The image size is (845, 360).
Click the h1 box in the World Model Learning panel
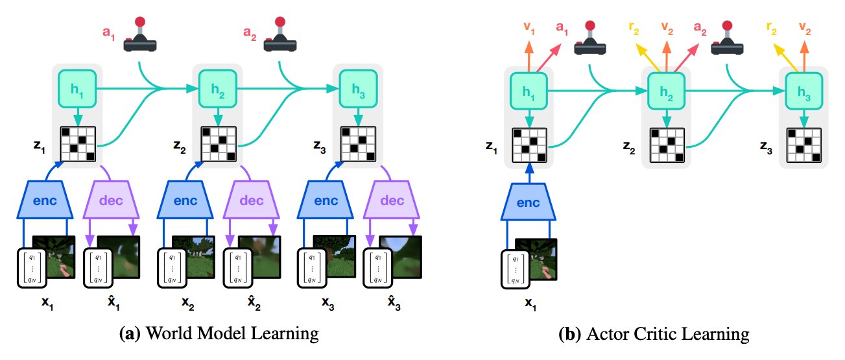(77, 89)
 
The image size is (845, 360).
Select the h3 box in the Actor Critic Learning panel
(804, 91)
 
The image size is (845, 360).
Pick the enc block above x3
(325, 200)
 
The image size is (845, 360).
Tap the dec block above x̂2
(251, 200)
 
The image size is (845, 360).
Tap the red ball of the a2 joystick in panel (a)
(280, 21)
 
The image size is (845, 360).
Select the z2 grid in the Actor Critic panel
(667, 145)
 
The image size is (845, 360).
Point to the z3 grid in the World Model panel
(359, 144)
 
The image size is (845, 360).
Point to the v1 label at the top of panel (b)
(529, 28)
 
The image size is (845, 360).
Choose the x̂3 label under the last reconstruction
(394, 303)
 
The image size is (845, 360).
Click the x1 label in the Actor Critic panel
(530, 304)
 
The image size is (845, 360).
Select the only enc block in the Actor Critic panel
(528, 202)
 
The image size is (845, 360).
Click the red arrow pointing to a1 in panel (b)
(549, 58)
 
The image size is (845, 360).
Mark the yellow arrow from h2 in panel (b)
(648, 58)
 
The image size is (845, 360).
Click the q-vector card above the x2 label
(172, 269)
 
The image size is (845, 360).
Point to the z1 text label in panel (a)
(39, 146)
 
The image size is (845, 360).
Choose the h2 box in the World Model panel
(218, 89)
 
